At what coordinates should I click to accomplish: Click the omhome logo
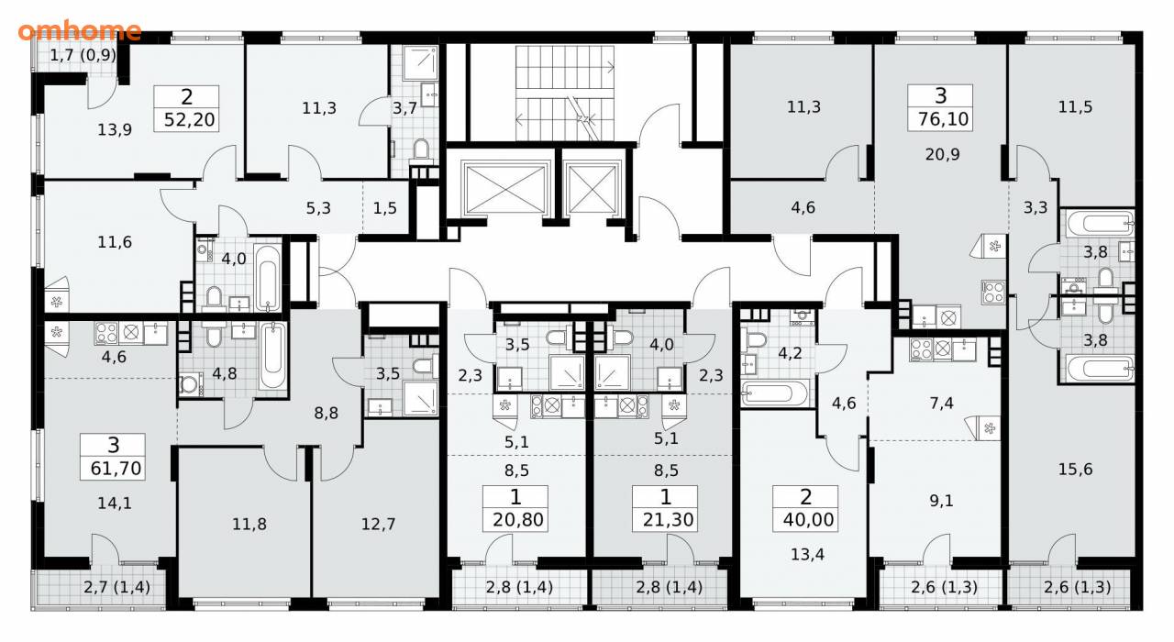coord(80,31)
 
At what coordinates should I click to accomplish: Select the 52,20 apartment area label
coord(189,119)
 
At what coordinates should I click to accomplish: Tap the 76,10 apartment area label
coord(943,119)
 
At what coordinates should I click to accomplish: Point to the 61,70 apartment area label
coord(116,468)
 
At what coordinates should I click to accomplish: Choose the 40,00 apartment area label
coord(808,519)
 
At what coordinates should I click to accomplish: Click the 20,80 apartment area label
coord(518,519)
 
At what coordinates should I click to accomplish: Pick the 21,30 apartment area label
coord(668,519)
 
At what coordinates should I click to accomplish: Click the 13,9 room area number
coord(115,129)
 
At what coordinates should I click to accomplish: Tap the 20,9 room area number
coord(942,154)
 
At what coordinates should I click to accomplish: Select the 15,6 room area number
coord(1075,469)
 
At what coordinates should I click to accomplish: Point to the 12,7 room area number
coord(378,524)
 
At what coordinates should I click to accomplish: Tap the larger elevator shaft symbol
coord(504,189)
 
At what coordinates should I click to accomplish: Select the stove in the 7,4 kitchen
coord(920,349)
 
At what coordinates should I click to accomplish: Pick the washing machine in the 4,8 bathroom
coord(191,384)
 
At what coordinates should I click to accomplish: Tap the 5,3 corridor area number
coord(318,208)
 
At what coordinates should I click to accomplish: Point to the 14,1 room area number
coord(115,504)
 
